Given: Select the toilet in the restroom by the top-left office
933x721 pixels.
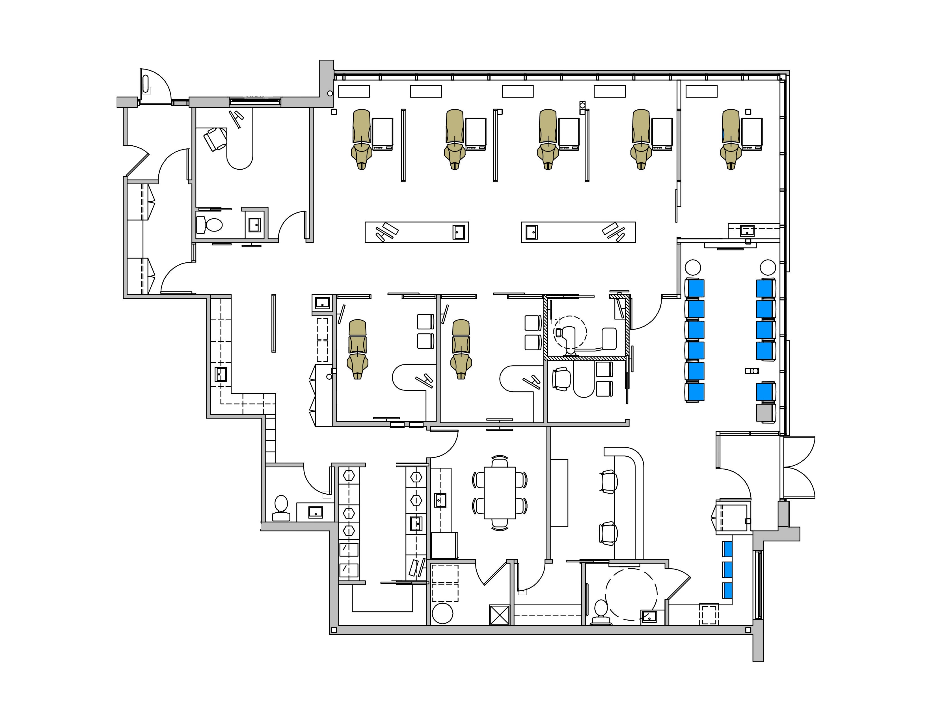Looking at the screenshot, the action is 210,225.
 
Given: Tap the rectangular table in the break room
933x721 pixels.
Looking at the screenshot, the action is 499,493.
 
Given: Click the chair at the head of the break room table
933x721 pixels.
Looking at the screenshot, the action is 499,462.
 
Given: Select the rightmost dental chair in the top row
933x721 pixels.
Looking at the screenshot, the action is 731,139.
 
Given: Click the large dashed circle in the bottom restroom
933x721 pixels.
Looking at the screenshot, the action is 631,594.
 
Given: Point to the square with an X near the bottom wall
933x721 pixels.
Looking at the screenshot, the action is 499,615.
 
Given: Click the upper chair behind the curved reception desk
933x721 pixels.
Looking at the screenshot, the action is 608,482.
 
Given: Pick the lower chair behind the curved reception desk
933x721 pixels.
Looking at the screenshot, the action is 608,534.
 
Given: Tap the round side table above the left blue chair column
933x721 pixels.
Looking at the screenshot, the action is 693,267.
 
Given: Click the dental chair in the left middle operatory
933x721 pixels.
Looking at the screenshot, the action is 358,349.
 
